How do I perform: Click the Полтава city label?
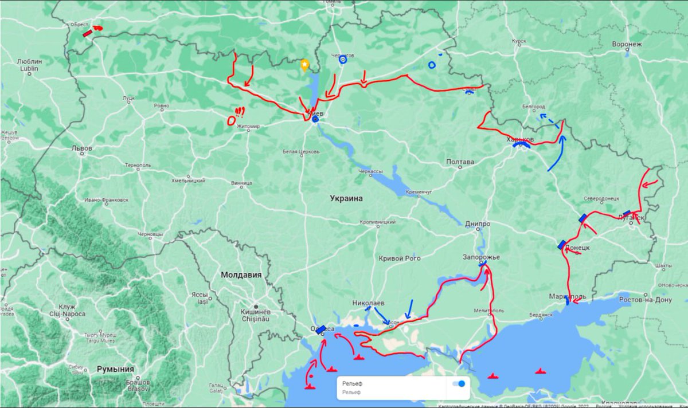tap(460, 162)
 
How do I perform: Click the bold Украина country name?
tap(346, 198)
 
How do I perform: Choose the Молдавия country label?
tap(241, 274)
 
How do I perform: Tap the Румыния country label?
tap(115, 369)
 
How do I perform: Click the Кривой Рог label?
tap(400, 258)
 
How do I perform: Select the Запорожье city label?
tap(481, 257)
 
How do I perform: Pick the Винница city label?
tap(241, 184)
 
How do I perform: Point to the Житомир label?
tap(248, 126)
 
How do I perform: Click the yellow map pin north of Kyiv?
tap(305, 65)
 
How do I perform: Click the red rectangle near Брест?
tap(87, 33)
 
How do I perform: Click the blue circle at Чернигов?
tap(342, 60)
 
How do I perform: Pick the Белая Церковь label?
tap(301, 152)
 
